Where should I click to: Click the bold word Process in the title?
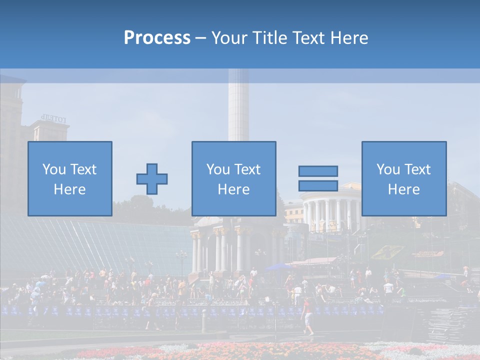(157, 38)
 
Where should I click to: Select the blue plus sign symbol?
(152, 179)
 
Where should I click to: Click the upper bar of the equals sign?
(318, 171)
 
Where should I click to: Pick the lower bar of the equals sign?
(318, 185)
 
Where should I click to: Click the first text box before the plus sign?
(70, 178)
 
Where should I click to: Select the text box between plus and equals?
(233, 178)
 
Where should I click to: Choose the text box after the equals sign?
(403, 178)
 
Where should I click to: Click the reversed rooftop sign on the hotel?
(53, 119)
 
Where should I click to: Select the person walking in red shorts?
(308, 316)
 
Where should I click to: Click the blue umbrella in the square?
(278, 267)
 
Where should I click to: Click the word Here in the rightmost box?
(403, 189)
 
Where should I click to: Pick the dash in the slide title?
(200, 38)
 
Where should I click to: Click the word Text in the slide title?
(309, 38)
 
